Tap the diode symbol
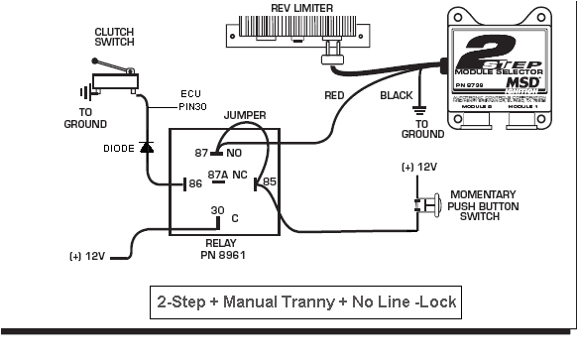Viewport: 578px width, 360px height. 146,147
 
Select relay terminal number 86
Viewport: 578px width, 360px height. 194,183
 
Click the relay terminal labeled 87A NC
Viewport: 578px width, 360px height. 226,173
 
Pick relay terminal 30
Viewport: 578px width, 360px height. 216,210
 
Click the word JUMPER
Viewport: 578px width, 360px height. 244,116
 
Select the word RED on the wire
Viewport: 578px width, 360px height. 337,96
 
